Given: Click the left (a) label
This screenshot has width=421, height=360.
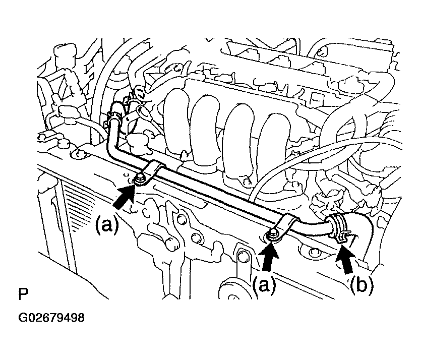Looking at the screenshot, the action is point(107,225).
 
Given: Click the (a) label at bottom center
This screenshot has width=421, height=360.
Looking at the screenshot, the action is point(265,285).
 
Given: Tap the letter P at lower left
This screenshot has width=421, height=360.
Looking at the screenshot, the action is point(23,294).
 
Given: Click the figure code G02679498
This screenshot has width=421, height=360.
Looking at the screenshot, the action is point(51,318).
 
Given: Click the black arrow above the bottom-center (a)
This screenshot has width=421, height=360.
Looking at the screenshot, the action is point(270,257).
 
